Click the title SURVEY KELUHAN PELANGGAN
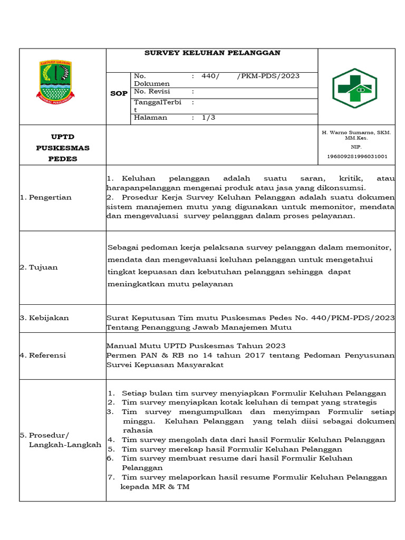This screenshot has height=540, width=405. pos(212,53)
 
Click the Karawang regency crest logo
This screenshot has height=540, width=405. pos(55,81)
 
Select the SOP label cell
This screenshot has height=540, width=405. pos(119,93)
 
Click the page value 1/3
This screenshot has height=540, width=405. pos(209,118)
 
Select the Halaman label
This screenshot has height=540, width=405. pos(150,118)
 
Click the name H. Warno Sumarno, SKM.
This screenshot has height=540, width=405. pos(356,132)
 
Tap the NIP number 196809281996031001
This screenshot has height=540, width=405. pos(357,156)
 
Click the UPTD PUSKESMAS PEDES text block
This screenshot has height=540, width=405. pos(63,148)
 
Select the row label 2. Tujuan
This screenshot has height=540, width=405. pos(38,267)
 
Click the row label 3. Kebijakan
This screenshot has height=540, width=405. pos(44,318)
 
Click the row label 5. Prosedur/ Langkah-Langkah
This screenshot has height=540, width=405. pos(60,440)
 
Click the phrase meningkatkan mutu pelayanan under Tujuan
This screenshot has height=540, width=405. pos(170,284)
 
